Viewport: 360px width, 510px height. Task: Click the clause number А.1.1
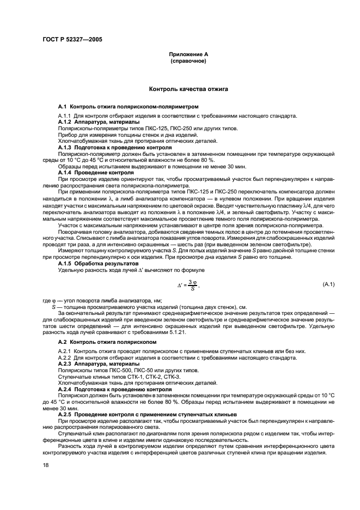tap(65, 116)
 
